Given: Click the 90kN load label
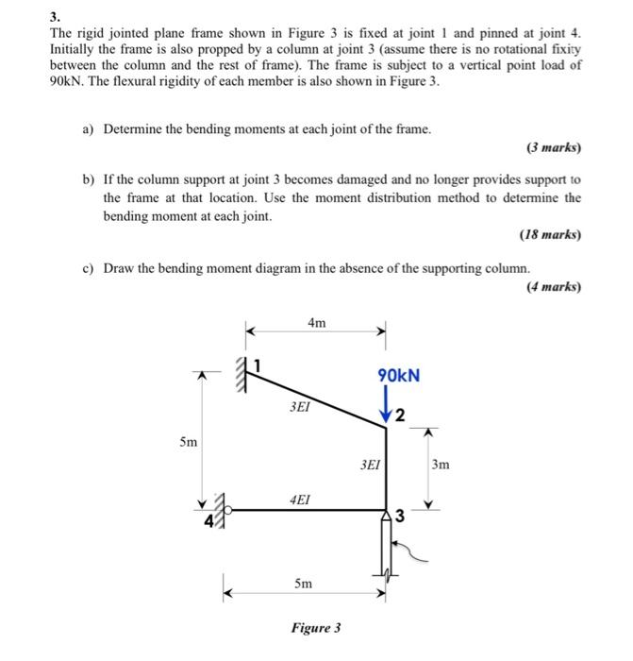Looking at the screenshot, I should (x=399, y=376).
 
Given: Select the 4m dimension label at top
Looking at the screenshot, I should (x=317, y=323).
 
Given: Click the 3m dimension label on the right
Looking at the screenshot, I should (x=441, y=465).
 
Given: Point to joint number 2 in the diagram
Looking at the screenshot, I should (x=400, y=416).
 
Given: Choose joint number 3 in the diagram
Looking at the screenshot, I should (x=400, y=515).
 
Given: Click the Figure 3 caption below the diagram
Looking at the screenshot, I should (x=317, y=628).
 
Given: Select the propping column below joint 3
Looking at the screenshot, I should (x=386, y=548).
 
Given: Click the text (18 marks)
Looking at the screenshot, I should (x=550, y=234).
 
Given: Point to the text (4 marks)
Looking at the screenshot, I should (x=554, y=286).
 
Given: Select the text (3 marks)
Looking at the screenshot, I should (x=553, y=148).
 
